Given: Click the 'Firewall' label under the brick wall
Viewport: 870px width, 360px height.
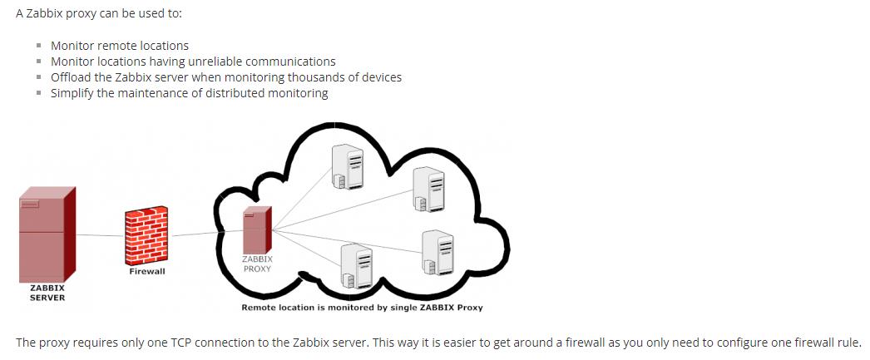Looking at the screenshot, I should pos(147,271).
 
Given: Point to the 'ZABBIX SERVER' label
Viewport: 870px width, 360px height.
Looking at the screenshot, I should pos(47,292).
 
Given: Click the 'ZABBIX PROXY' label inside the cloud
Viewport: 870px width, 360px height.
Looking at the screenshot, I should pos(257,264).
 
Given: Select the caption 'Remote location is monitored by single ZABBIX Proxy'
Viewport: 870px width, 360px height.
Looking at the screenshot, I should pos(362,308).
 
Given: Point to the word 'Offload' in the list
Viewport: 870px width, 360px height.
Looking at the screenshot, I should pos(72,77).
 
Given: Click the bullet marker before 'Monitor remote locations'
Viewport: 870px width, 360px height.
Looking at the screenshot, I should pos(39,46).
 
